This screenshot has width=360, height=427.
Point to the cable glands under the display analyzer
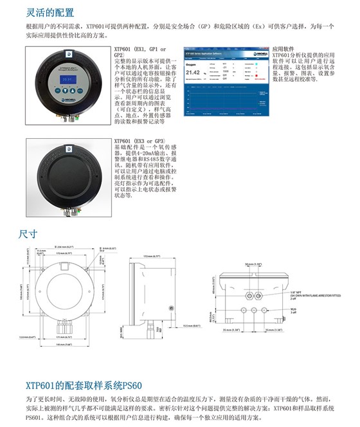(69, 121)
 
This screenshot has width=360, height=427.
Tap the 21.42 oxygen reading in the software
(194, 73)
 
